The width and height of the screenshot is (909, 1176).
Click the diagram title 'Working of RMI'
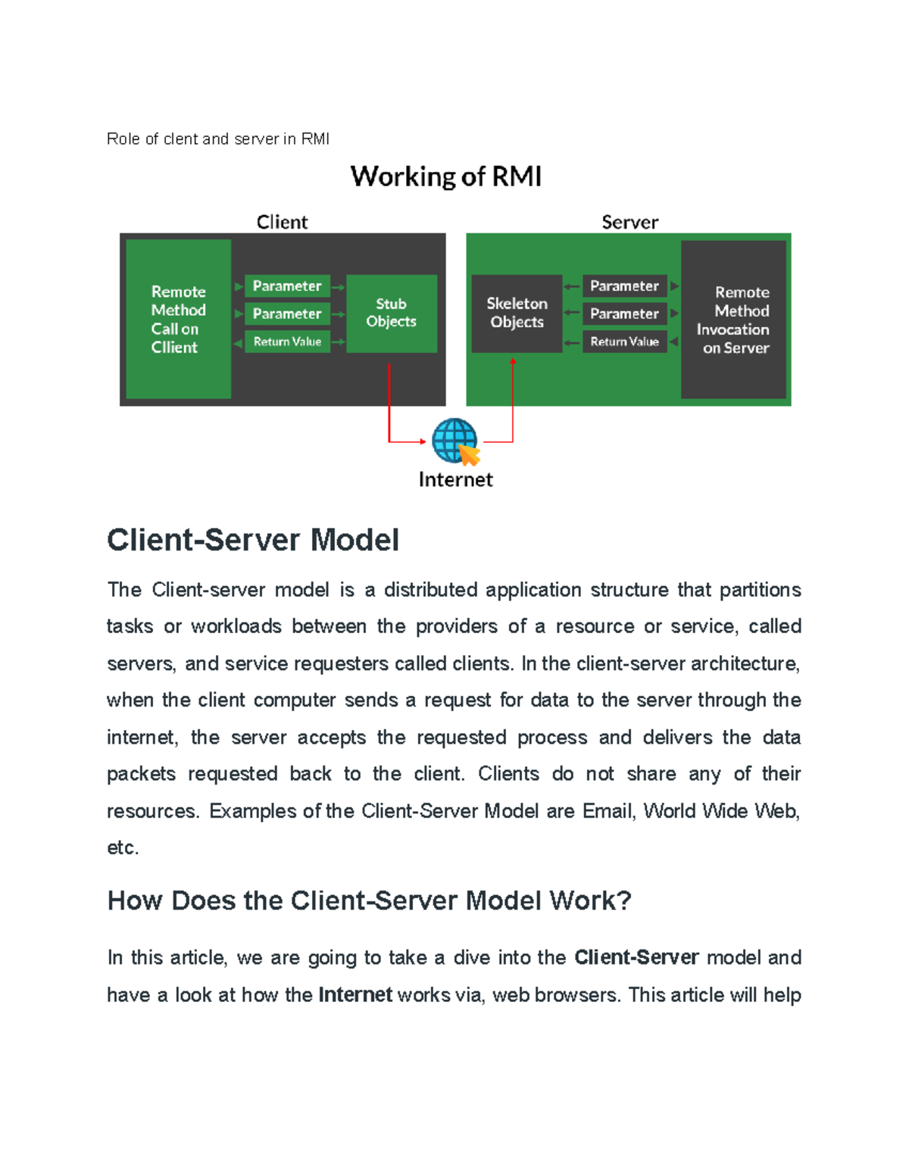tap(445, 176)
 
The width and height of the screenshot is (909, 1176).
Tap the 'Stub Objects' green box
tap(391, 313)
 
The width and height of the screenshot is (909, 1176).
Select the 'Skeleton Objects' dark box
tap(517, 313)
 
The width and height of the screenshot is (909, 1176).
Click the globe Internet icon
tap(454, 441)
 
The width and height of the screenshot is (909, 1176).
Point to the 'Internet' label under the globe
tap(455, 479)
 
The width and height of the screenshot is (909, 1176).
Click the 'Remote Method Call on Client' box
tap(178, 319)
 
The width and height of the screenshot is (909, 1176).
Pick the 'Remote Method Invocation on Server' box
tap(733, 319)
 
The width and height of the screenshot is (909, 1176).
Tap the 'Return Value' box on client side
tap(287, 342)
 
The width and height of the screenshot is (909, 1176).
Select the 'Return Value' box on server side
tap(624, 342)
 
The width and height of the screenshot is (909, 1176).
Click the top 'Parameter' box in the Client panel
tap(287, 286)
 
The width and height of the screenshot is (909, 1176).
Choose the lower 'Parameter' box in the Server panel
tap(624, 313)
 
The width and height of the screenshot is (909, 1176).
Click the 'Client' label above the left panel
tap(282, 222)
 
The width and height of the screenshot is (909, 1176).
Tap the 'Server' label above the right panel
tap(629, 222)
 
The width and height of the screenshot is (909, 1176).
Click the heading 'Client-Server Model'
tap(253, 540)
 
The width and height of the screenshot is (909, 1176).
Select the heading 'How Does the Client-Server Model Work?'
tap(369, 900)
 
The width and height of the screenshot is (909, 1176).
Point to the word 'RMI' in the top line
tap(315, 139)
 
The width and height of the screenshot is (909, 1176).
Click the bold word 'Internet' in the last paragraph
tap(355, 994)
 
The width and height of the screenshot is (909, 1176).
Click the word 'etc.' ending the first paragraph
tap(123, 847)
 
